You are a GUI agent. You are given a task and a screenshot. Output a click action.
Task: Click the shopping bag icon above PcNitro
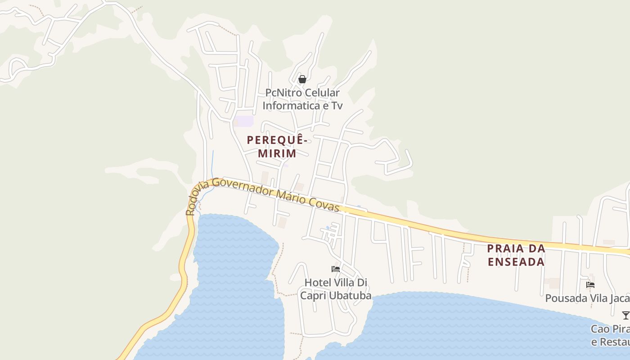(302, 80)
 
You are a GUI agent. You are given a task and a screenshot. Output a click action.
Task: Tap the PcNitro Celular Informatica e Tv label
(302, 99)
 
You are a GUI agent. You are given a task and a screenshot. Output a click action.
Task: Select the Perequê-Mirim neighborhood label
(277, 147)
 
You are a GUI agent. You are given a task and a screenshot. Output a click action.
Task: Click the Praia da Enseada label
(516, 255)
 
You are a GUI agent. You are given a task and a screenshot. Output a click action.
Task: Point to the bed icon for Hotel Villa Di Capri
(336, 269)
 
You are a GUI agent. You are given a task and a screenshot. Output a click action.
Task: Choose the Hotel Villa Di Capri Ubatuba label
(336, 289)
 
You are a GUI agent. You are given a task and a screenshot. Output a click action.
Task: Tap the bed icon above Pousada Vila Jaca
(590, 285)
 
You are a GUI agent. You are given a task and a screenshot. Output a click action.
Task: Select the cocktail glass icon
(625, 315)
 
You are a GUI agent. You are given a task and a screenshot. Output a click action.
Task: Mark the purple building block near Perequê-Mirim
(244, 121)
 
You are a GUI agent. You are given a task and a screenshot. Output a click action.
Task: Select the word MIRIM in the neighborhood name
(277, 153)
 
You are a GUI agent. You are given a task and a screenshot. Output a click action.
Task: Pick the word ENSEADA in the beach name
(516, 261)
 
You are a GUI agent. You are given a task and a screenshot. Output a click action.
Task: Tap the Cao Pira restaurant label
(610, 335)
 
